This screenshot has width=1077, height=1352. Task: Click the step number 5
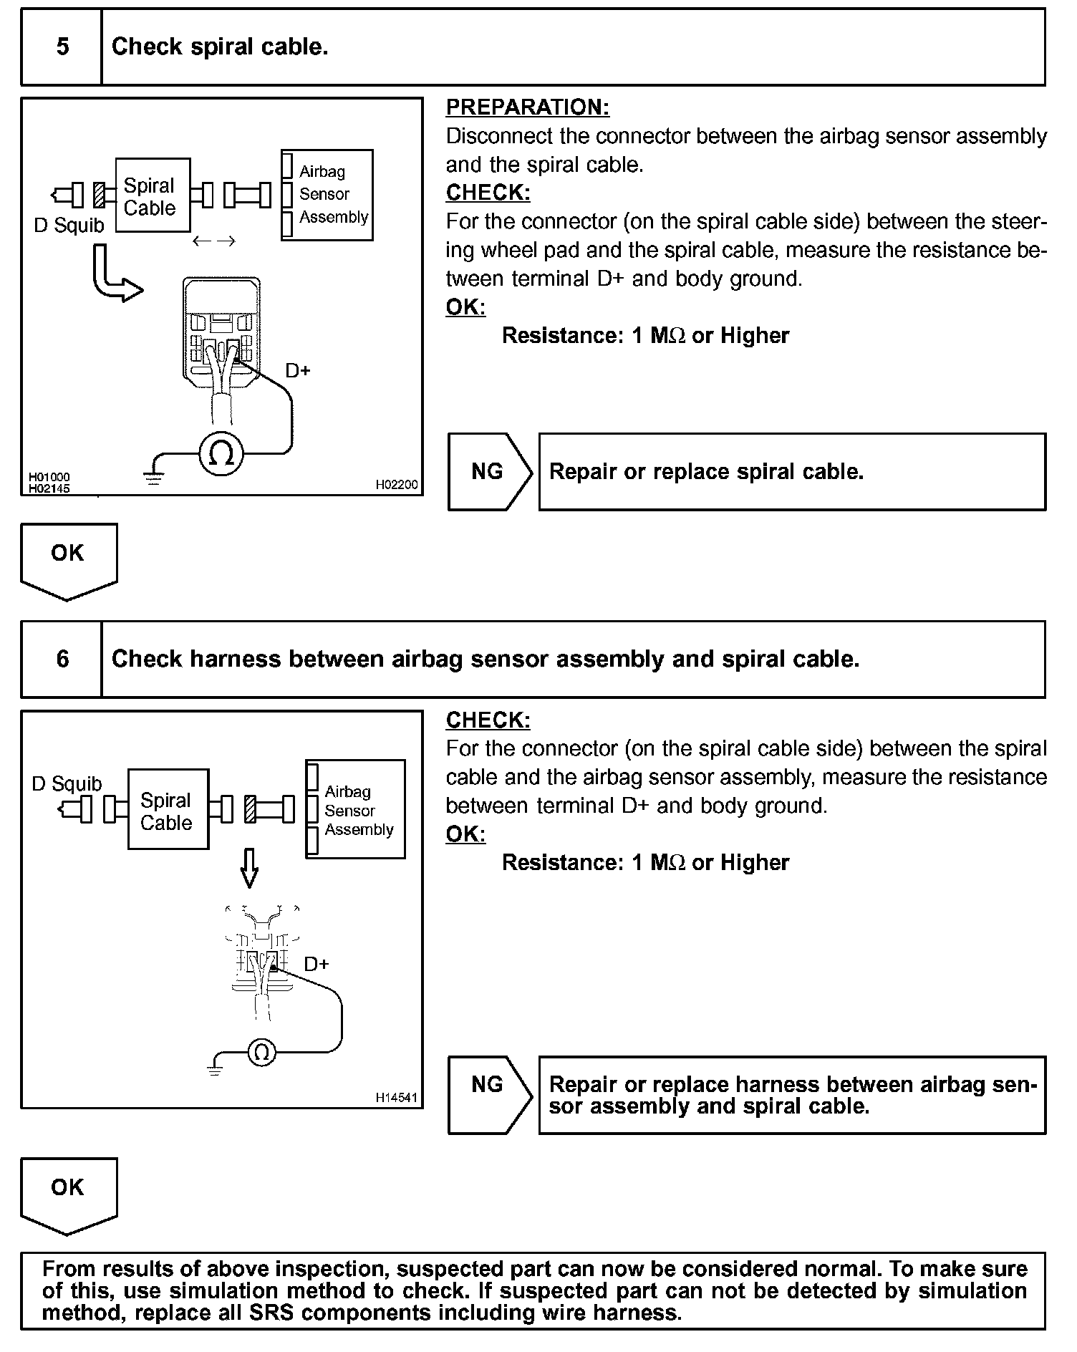point(62,47)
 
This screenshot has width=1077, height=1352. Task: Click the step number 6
point(62,659)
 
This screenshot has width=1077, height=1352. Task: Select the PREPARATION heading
point(527,107)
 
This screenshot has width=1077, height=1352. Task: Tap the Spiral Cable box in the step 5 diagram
point(152,195)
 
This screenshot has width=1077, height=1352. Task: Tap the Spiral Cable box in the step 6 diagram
point(168,809)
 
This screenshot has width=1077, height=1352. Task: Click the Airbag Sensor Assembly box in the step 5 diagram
point(328,195)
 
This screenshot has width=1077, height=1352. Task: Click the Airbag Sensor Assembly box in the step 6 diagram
point(356,809)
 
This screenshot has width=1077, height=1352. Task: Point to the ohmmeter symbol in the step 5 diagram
point(221,453)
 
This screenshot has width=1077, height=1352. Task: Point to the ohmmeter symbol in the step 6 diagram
point(261,1052)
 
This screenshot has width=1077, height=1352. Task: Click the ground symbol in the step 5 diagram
point(153,478)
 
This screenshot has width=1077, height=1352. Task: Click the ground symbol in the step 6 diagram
point(215,1070)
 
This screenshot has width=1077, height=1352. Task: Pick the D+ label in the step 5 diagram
point(298,371)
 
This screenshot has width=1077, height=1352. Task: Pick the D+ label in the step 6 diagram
point(317,964)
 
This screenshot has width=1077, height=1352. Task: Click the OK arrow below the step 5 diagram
point(68,559)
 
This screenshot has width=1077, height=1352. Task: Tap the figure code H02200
point(396,485)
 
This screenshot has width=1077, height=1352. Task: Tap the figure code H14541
point(396,1097)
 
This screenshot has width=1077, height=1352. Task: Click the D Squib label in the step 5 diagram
point(69,226)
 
